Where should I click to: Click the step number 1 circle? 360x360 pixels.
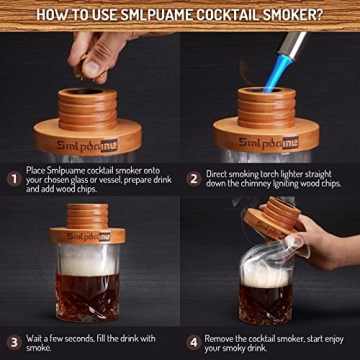15,180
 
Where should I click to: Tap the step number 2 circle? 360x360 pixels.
193,180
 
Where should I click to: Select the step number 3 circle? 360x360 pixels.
15,341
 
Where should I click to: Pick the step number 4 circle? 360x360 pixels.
194,341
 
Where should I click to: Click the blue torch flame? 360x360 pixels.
279,62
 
